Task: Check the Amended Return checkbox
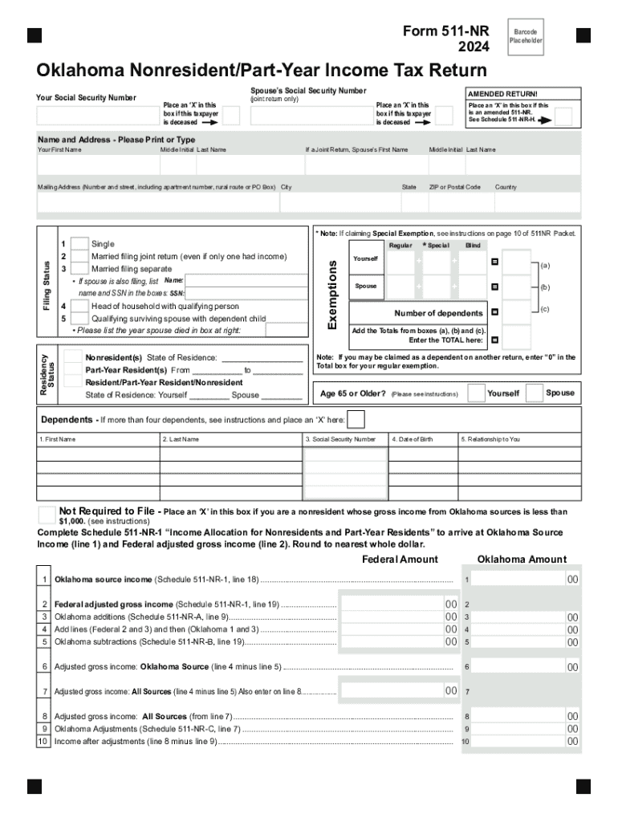(563, 117)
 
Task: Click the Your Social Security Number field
(97, 116)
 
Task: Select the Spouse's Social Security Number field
(311, 116)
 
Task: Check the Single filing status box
(79, 244)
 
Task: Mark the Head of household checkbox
(79, 306)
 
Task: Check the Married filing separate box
(79, 268)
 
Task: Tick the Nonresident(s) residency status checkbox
(73, 357)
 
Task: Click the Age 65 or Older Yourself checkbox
(476, 393)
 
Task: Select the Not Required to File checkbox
(47, 514)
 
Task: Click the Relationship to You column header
(490, 439)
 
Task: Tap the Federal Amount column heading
(400, 560)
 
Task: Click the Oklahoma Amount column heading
(522, 560)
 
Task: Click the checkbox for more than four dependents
(356, 420)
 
